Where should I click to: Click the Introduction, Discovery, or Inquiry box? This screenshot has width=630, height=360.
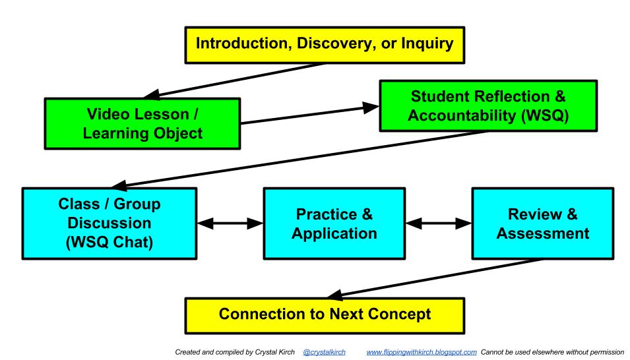(x=325, y=45)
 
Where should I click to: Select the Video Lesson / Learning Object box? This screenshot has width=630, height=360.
(x=142, y=123)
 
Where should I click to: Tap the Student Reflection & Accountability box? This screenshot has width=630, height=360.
(x=488, y=105)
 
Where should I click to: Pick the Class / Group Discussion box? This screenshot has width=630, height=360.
(x=110, y=223)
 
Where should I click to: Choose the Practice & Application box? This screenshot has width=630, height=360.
(x=334, y=223)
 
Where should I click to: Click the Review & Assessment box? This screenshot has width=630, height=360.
(x=543, y=223)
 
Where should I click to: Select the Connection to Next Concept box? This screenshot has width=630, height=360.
(x=325, y=315)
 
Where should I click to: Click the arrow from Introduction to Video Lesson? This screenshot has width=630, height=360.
(x=234, y=80)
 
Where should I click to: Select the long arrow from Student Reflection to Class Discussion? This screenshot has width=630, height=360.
(x=299, y=160)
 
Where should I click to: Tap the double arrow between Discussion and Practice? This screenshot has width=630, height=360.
(x=230, y=224)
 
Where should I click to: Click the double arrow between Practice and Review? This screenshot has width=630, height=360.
(x=438, y=224)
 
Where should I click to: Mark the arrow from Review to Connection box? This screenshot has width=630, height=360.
(x=435, y=279)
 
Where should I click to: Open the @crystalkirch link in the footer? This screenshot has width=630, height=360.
(x=325, y=352)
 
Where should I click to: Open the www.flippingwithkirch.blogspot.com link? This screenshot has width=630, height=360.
(x=422, y=352)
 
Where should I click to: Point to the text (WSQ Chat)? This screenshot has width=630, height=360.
(x=110, y=242)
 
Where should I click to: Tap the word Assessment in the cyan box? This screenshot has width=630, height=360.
(x=543, y=233)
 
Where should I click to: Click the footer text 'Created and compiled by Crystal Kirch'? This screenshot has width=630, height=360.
(x=235, y=352)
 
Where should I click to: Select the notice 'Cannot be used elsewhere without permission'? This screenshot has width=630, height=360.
(x=552, y=352)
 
